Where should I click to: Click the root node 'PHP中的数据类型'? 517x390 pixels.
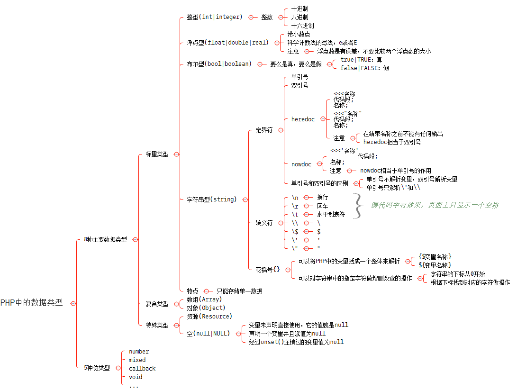click(31, 303)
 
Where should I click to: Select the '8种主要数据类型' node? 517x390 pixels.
click(105, 240)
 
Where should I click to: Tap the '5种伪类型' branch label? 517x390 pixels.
click(97, 368)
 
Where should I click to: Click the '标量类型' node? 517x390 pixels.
click(157, 154)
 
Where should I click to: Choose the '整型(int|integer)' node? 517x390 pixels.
click(215, 17)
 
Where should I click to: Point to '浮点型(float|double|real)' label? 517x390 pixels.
click(227, 43)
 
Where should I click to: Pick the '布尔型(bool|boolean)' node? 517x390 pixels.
click(219, 64)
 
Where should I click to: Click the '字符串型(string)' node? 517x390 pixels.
click(211, 200)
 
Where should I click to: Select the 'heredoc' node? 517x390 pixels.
click(303, 119)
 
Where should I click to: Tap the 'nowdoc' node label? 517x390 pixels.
click(301, 164)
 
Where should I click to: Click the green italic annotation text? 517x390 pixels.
click(435, 205)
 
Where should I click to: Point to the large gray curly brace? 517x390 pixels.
click(358, 206)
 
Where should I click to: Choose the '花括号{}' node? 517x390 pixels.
click(268, 269)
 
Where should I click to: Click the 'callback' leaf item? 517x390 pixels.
click(142, 369)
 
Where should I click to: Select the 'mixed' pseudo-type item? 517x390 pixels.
click(137, 360)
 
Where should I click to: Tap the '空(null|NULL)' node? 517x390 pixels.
click(208, 334)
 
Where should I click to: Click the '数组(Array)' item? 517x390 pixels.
click(204, 299)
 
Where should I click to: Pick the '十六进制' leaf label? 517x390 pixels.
click(302, 26)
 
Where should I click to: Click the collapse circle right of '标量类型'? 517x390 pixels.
click(176, 154)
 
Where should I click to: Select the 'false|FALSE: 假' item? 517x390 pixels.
click(364, 68)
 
